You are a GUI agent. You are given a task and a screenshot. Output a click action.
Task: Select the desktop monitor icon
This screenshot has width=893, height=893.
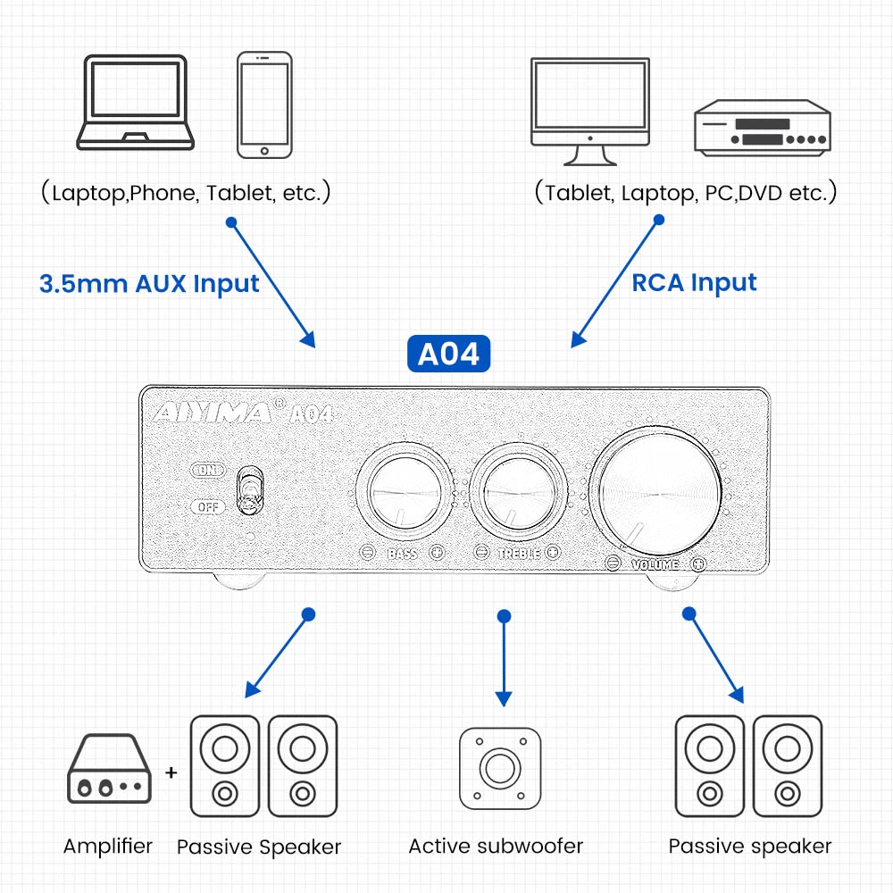coord(589,111)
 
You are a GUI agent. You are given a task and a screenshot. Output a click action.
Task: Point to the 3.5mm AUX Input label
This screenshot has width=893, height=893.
coord(149,284)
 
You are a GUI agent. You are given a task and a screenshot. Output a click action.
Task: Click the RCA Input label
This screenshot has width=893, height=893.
coord(694,283)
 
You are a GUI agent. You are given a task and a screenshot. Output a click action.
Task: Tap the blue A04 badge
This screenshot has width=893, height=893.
coord(449,354)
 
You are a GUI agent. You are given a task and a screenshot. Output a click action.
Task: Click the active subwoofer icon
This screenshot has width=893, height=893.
coord(500,768)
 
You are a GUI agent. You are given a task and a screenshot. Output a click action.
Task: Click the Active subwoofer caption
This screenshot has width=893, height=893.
coord(496,846)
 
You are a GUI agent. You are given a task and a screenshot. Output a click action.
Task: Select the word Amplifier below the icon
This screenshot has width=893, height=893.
coord(108,846)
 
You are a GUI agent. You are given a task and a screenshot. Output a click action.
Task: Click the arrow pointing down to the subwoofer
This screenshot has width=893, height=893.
coord(504,661)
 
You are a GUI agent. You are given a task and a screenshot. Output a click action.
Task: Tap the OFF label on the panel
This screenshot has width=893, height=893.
coord(208,507)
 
